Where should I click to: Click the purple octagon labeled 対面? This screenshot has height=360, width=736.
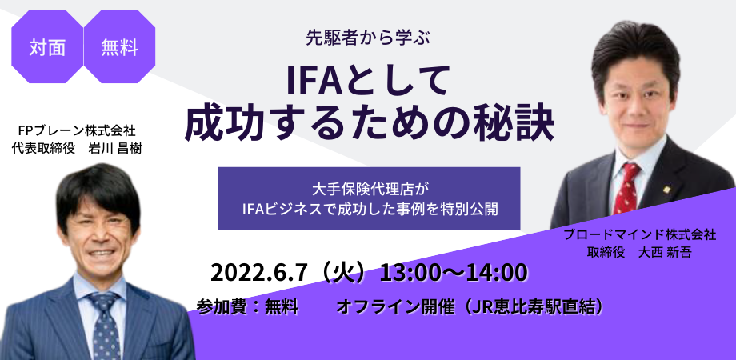47,47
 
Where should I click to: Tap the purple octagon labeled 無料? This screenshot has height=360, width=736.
119,47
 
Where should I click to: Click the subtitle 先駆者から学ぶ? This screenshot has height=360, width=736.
368,38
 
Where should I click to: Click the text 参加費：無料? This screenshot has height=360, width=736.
247,307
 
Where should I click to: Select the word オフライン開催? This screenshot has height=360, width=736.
395,307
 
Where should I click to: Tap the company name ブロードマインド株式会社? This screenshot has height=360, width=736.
640,235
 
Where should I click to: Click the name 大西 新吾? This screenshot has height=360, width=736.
665,253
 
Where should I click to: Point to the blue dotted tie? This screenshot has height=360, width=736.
105,325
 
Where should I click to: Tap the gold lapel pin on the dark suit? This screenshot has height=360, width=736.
666,190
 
